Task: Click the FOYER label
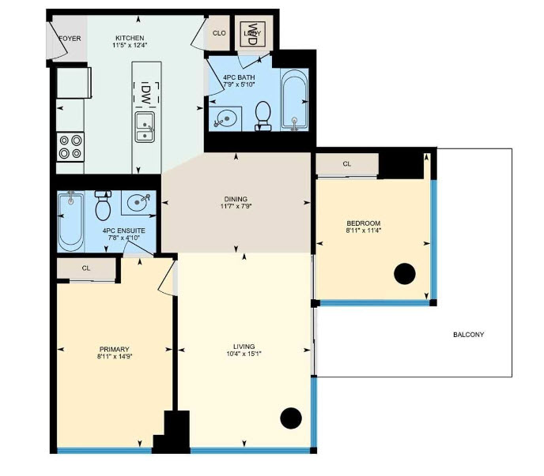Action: click(70, 39)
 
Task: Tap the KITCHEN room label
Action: click(130, 38)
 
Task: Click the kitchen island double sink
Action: click(145, 127)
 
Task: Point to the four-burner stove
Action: click(70, 147)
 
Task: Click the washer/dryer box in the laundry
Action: click(252, 34)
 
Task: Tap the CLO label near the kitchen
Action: click(219, 33)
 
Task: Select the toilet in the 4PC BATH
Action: click(263, 116)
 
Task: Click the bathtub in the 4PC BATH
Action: click(295, 99)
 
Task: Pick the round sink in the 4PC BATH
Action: click(225, 118)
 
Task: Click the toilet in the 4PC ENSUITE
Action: click(103, 205)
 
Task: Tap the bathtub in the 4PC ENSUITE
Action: click(71, 222)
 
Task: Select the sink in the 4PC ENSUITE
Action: click(138, 202)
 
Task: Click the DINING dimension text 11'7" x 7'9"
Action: click(236, 207)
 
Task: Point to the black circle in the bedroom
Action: click(405, 274)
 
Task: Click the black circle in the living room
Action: click(291, 418)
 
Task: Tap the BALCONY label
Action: click(468, 335)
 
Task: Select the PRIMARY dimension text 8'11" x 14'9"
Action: click(115, 356)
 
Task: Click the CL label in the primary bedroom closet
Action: click(86, 268)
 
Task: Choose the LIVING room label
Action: click(244, 347)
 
